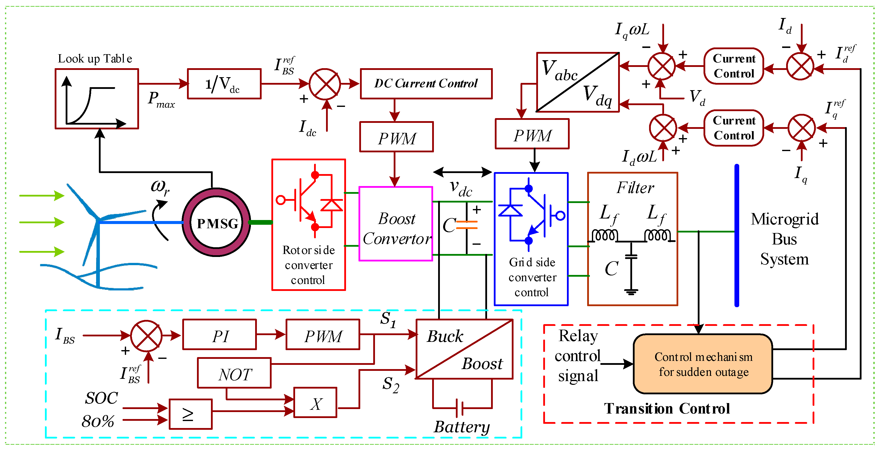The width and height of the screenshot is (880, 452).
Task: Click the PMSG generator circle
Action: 216,223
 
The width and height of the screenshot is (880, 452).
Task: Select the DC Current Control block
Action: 426,84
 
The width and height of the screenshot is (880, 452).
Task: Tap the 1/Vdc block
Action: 224,84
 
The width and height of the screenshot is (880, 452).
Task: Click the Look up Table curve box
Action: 97,99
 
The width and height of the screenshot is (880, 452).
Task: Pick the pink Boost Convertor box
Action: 396,224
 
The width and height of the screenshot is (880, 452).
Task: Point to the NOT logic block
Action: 234,373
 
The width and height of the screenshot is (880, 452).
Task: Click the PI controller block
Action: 220,335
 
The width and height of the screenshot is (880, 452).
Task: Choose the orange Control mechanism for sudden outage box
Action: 703,364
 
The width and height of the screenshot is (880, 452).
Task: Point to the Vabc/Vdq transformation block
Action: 578,82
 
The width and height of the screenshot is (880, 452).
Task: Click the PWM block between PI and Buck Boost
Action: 323,335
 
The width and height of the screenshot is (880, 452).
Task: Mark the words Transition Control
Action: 667,409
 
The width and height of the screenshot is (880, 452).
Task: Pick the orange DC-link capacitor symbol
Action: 467,225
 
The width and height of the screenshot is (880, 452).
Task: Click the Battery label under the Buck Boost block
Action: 462,427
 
